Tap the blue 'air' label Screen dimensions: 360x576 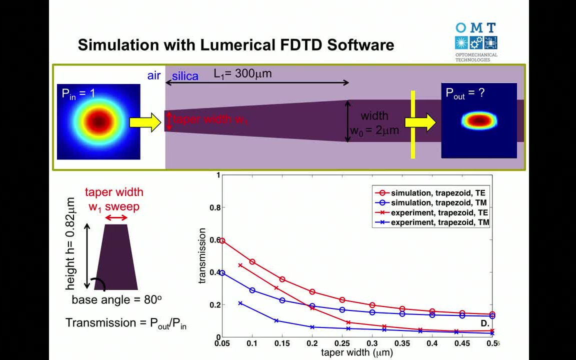154,75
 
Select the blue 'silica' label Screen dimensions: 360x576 185,76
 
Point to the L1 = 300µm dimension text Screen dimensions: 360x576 243,73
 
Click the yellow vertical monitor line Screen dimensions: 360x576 413,124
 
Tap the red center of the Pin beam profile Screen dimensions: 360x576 98,121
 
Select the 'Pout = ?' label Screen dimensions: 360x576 465,93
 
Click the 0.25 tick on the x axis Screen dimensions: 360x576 342,344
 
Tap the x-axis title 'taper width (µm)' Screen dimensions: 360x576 356,353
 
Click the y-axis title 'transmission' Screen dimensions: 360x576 202,255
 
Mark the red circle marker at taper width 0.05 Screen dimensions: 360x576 222,241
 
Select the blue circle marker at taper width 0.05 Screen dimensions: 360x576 222,273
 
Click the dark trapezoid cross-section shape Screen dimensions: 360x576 115,257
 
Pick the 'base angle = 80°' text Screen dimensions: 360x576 116,300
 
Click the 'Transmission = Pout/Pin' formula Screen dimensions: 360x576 126,323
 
